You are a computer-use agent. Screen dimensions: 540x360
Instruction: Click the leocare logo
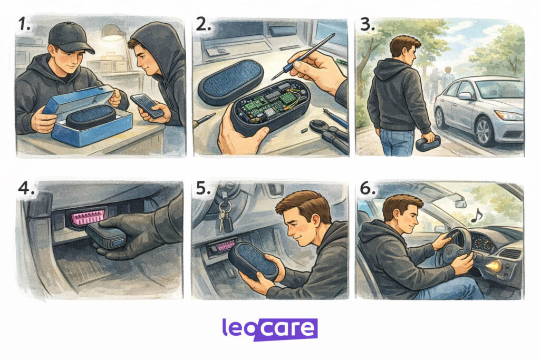coord(269,329)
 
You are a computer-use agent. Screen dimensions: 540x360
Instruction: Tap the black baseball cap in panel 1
coord(71,38)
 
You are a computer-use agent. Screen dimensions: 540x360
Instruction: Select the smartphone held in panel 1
coord(147,105)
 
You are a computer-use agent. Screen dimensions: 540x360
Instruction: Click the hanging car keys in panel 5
coord(225,213)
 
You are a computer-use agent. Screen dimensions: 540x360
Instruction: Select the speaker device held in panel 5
coord(254,261)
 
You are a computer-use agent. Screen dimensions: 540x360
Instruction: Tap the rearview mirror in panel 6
coord(461,203)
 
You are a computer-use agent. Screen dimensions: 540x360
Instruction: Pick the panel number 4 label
coord(26,188)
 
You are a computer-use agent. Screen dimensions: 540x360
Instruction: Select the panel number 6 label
coord(368,188)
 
